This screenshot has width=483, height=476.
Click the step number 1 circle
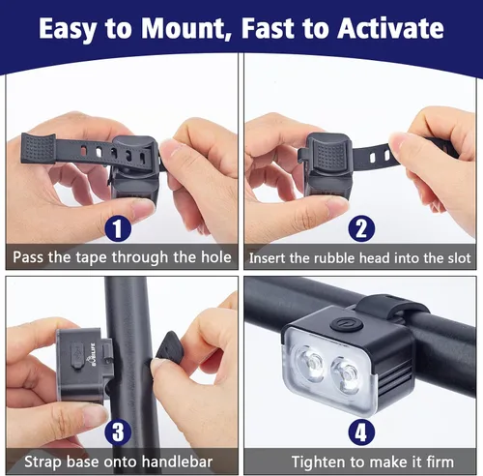point(118,229)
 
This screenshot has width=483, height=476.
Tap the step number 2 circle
point(358,229)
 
